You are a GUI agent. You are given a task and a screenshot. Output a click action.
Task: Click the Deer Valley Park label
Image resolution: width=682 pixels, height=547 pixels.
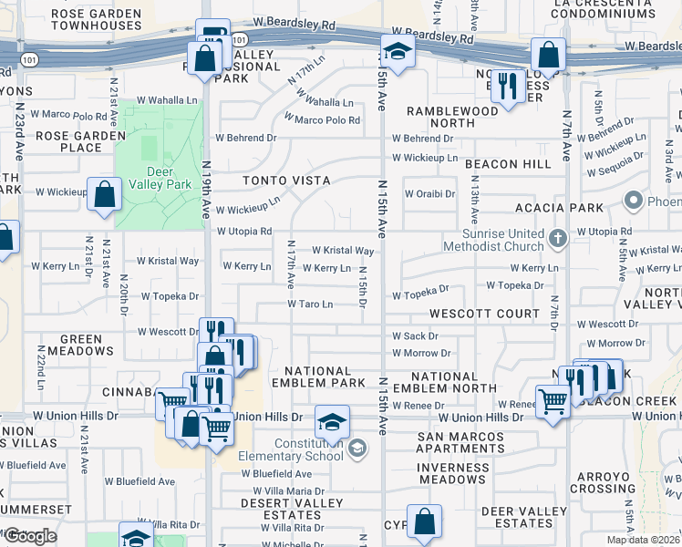coord(159,177)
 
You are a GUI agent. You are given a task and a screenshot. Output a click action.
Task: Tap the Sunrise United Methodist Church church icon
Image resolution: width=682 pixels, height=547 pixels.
coord(560,239)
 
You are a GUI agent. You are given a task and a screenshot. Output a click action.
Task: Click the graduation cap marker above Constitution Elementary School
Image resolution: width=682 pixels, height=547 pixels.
coord(333,422)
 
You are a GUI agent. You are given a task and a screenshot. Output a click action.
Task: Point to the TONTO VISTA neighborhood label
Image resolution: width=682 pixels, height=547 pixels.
coord(285,181)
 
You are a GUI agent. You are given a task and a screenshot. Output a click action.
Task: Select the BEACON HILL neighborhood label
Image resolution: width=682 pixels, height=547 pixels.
coord(508,164)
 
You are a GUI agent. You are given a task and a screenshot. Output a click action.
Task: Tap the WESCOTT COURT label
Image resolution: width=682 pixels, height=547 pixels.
coord(485,314)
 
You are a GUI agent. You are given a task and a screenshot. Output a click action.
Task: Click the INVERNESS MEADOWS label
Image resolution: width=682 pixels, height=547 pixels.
coord(453,472)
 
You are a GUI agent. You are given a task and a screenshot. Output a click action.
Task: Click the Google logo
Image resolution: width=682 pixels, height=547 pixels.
coord(30,535)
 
